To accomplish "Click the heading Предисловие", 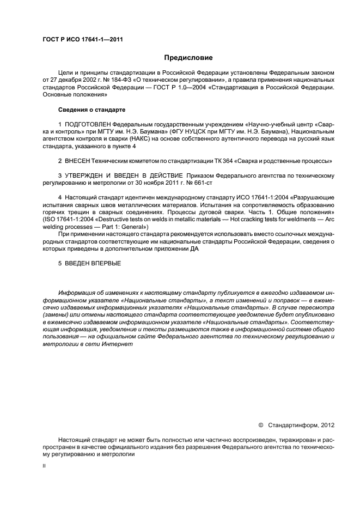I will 189,57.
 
